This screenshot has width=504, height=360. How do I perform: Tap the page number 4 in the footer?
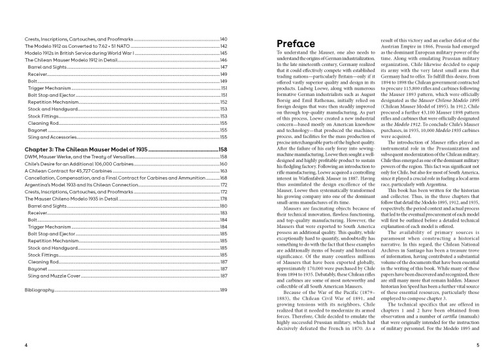tap(25, 344)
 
